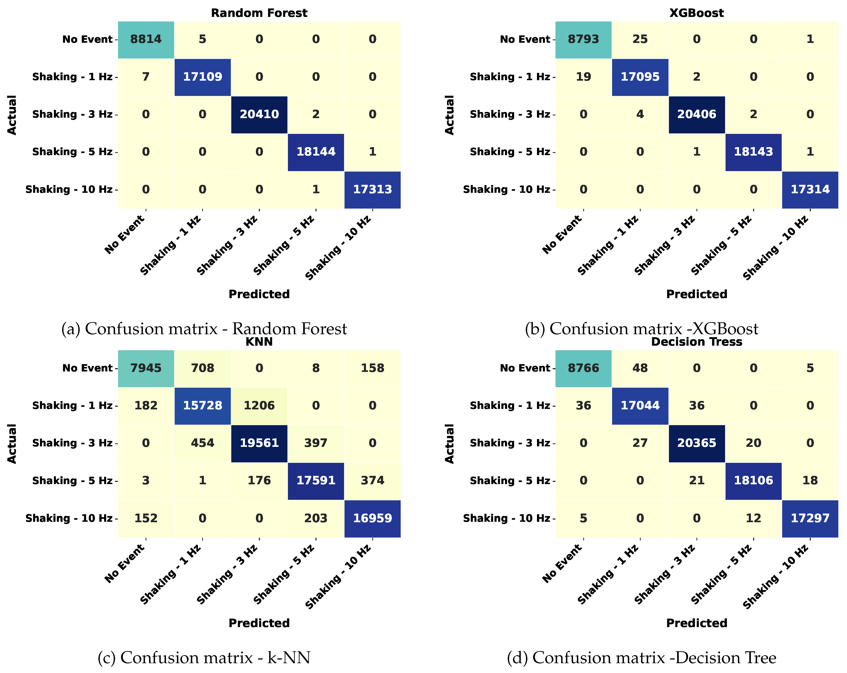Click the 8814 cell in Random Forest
pyautogui.click(x=146, y=39)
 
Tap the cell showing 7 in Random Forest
pyautogui.click(x=146, y=77)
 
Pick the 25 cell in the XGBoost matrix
pyautogui.click(x=640, y=39)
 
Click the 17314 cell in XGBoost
pyautogui.click(x=810, y=189)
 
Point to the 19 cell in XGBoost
pyautogui.click(x=583, y=77)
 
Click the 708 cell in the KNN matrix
pyautogui.click(x=202, y=368)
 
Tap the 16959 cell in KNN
pyautogui.click(x=372, y=518)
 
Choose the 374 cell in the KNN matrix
pyautogui.click(x=372, y=480)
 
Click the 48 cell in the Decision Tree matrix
pyautogui.click(x=640, y=368)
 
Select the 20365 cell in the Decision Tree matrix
pyautogui.click(x=697, y=443)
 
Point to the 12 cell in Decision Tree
pyautogui.click(x=753, y=518)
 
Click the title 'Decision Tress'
pyautogui.click(x=697, y=342)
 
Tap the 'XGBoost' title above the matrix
pyautogui.click(x=697, y=13)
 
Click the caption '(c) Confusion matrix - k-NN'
pyautogui.click(x=204, y=658)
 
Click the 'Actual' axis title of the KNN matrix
pyautogui.click(x=12, y=443)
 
